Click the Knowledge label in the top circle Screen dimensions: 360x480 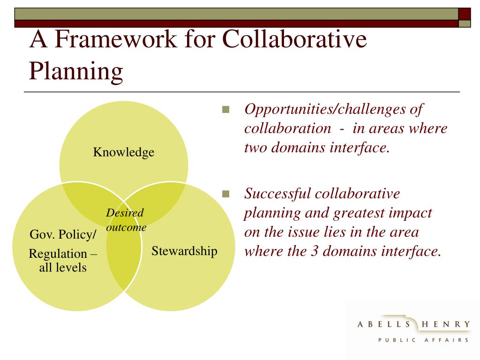pyautogui.click(x=124, y=152)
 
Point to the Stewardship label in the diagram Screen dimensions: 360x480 pyautogui.click(x=184, y=251)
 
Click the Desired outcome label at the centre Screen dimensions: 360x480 pyautogui.click(x=126, y=220)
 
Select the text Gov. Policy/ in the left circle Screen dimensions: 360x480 pyautogui.click(x=63, y=234)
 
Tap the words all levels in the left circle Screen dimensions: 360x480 pyautogui.click(x=63, y=268)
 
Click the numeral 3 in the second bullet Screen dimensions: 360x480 pyautogui.click(x=314, y=251)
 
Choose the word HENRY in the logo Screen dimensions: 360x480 pyautogui.click(x=446, y=324)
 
